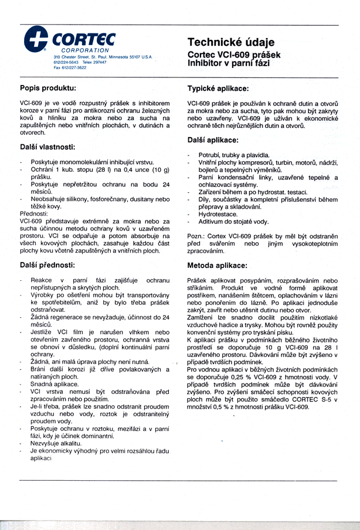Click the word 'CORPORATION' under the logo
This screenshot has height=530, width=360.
[87, 51]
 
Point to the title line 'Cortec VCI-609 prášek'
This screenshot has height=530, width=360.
[234, 53]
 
